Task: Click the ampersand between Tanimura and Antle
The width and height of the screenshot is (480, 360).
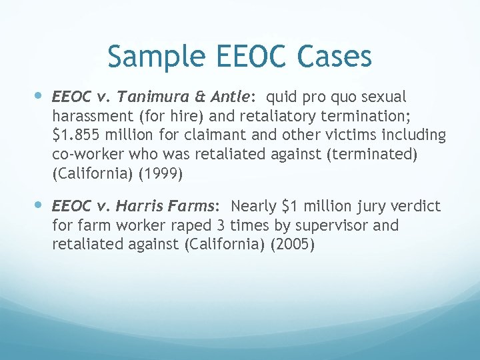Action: tap(191, 97)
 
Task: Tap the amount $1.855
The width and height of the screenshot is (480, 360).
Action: tap(75, 135)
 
